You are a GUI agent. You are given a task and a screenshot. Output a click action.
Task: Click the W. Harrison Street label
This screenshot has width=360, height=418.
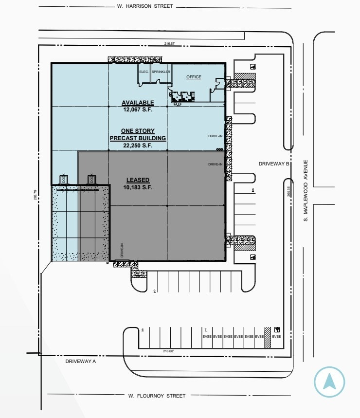click(145, 7)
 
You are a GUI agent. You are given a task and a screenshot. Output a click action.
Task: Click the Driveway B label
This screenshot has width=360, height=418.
click(274, 164)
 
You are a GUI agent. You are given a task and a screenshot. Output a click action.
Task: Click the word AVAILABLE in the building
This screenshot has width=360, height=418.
click(138, 103)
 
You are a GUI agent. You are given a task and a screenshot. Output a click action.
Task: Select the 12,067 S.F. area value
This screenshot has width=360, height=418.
click(138, 109)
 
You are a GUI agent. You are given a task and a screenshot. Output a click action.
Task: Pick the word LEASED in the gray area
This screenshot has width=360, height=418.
click(138, 180)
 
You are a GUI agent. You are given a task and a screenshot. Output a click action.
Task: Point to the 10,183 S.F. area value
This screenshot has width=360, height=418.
click(138, 187)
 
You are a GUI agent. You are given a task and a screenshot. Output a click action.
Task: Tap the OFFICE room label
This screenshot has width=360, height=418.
click(194, 77)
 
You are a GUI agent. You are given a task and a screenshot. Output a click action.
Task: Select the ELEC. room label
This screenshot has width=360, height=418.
click(144, 72)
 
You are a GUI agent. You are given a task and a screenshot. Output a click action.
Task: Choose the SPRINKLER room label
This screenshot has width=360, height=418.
click(161, 72)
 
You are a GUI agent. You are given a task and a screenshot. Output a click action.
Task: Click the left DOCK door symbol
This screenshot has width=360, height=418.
click(62, 179)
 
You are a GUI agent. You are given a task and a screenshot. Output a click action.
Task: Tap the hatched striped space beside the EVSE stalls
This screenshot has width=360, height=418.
click(267, 337)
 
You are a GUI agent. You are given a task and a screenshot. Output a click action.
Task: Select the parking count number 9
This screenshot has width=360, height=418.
click(154, 291)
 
